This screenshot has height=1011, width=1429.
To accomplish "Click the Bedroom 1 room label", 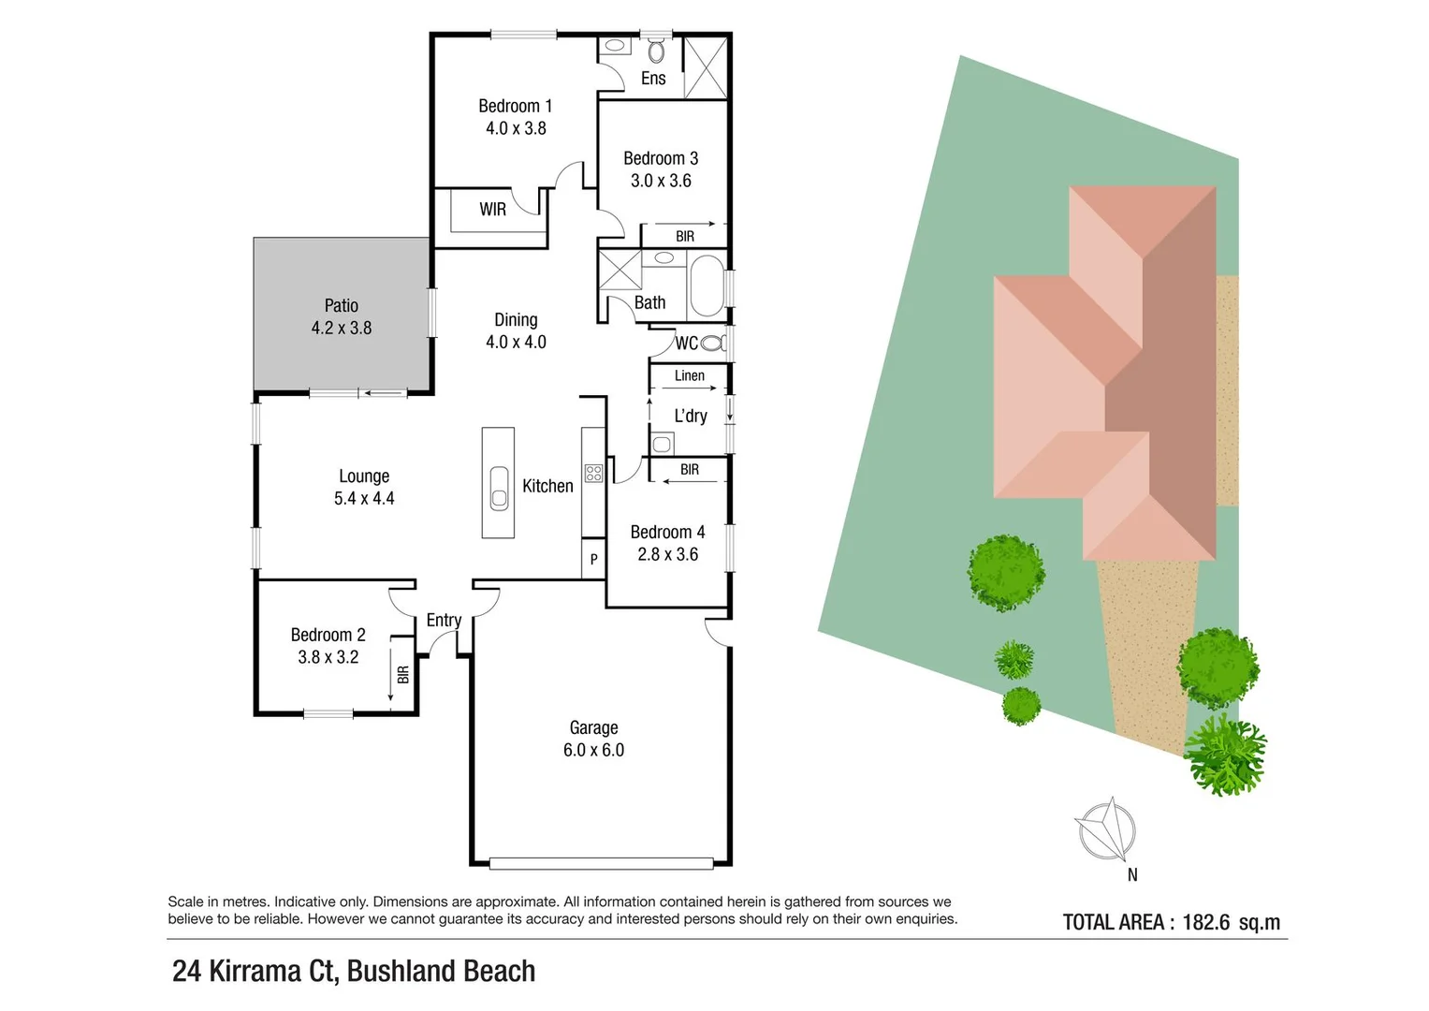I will point(515,106).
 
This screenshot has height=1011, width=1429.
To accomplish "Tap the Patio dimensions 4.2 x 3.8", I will point(342,329).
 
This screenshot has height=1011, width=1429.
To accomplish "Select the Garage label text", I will point(593,727).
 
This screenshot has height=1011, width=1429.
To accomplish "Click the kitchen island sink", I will point(499,488).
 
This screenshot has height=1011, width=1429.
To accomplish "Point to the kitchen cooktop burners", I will point(593,473).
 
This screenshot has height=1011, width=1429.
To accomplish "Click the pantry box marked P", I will point(593,559).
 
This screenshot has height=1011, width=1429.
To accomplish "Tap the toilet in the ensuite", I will point(656,51).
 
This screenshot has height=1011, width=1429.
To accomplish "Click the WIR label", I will point(492,210).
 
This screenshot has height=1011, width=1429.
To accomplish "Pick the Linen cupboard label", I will point(690,375).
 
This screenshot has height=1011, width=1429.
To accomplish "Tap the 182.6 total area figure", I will point(1205,922).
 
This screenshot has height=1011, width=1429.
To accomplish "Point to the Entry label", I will point(444,620).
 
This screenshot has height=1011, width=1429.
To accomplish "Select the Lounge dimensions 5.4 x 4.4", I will point(364,499).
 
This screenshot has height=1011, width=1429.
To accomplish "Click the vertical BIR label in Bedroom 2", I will point(403,674).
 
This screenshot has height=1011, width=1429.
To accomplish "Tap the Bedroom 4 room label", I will point(667,532).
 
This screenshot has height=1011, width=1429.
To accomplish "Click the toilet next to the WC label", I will point(713,344).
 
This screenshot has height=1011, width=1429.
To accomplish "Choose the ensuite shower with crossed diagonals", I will point(706,67).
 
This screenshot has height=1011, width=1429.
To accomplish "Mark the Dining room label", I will point(516,320).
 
